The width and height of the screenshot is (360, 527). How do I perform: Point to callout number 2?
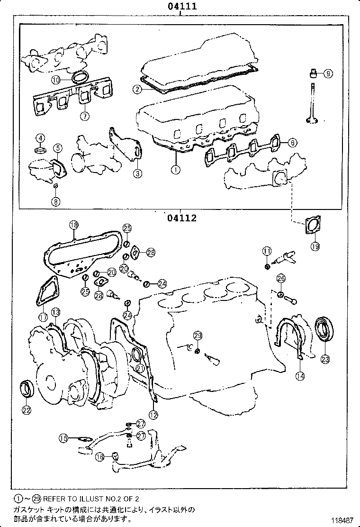click(x=137, y=89)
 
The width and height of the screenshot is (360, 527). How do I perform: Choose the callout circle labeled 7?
click(x=84, y=116)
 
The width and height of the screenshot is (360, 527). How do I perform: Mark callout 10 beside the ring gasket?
click(x=56, y=80)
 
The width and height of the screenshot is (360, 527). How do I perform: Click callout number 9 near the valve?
click(x=328, y=73)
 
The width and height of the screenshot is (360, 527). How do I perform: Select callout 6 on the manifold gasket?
click(x=293, y=142)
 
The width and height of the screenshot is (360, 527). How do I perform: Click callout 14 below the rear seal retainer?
click(x=300, y=376)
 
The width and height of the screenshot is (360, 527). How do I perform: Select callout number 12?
click(x=153, y=415)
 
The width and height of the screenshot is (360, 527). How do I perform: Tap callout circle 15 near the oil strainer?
click(x=63, y=438)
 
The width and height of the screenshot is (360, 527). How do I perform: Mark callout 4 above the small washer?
click(x=41, y=138)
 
